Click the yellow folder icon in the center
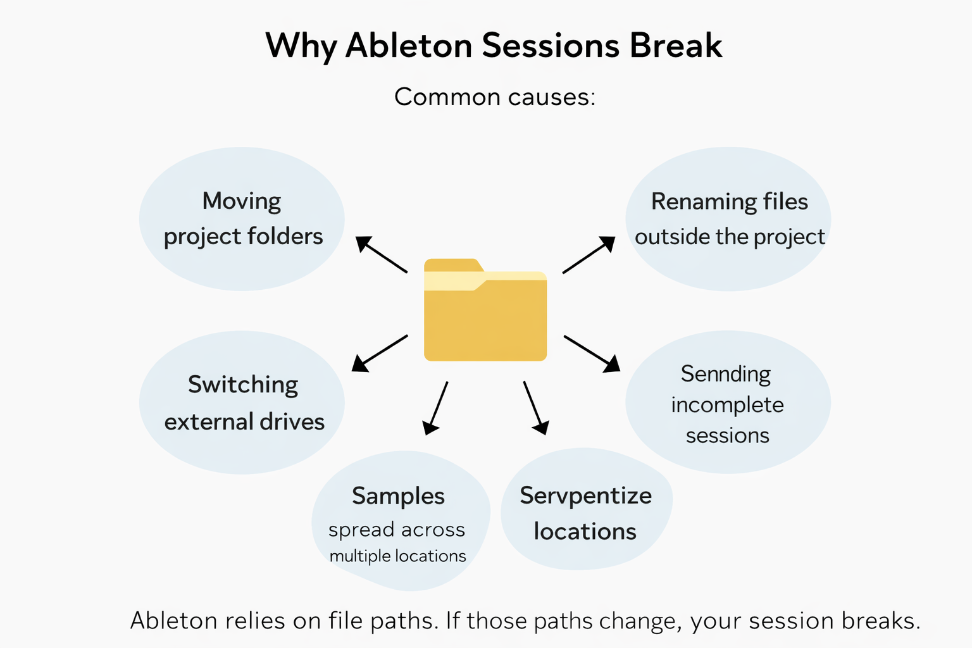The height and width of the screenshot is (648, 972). coord(485,316)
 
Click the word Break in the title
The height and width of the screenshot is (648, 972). coord(676,46)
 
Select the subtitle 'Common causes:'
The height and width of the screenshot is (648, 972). coord(495,97)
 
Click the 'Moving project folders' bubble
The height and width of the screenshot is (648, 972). coord(242,219)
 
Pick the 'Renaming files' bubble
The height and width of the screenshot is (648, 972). coord(728,219)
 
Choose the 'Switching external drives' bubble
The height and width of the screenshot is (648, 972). coord(242,402)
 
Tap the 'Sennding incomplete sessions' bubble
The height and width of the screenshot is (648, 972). coord(728,402)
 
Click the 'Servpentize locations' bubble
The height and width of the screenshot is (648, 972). coord(585,510)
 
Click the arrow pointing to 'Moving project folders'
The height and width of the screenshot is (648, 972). coord(381,254)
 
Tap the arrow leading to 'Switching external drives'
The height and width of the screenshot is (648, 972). coord(380,353)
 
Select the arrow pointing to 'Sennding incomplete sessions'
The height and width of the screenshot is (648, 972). coord(592,353)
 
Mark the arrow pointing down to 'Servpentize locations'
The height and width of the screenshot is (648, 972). coord(535,408)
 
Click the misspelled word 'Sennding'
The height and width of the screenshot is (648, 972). coord(726,374)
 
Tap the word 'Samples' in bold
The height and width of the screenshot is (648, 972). coord(399,496)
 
